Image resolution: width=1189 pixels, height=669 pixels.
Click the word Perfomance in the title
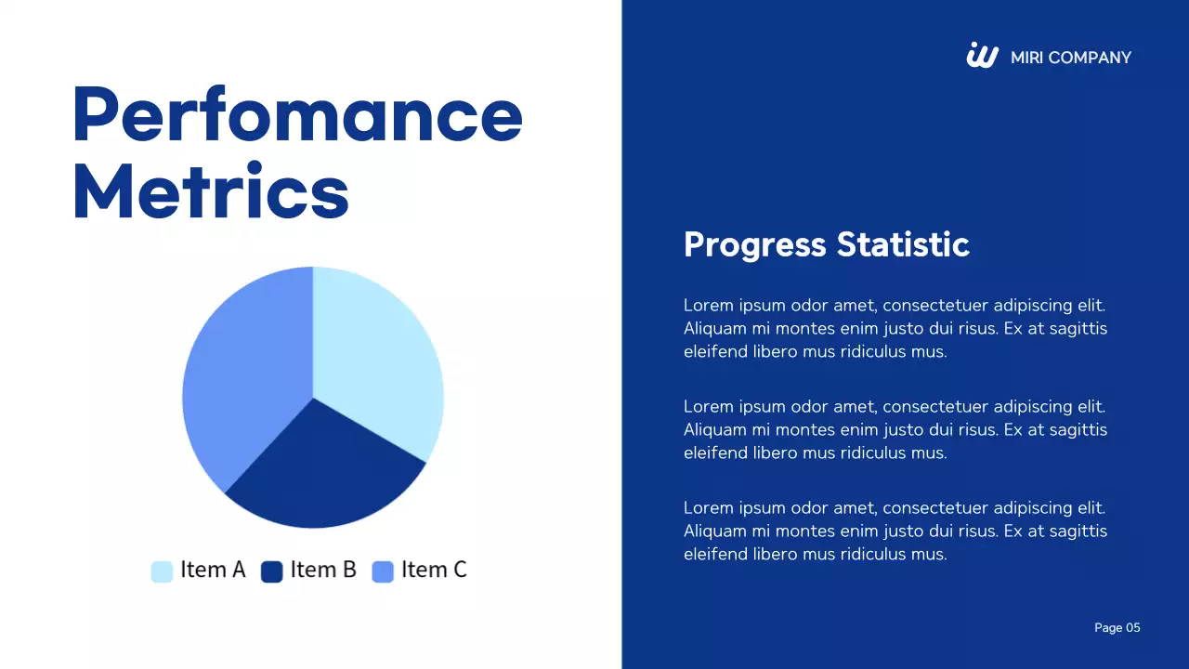[297, 115]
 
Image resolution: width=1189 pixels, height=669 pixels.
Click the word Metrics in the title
[211, 191]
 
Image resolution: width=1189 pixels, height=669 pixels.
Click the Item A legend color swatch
[162, 571]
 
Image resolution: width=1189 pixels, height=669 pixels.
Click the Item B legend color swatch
[271, 571]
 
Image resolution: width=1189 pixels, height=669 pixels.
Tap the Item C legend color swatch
[383, 571]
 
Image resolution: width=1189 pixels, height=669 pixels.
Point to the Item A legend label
[213, 570]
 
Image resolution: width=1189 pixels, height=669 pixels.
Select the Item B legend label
[323, 570]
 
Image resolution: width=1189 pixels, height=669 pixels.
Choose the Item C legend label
[434, 570]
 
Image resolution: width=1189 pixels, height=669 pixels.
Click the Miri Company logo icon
[982, 56]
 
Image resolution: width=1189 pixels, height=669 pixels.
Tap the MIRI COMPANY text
[1070, 58]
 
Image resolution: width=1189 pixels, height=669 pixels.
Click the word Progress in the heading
[754, 244]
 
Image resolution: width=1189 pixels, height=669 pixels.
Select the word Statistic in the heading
[902, 244]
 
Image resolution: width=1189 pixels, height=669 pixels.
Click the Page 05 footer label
[1117, 628]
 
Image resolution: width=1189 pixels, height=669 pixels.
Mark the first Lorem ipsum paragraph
[895, 328]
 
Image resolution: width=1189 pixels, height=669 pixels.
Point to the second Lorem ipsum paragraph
[895, 429]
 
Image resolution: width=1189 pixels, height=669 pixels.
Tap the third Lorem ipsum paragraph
[895, 531]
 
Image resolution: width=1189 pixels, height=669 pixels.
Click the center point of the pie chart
[313, 398]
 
